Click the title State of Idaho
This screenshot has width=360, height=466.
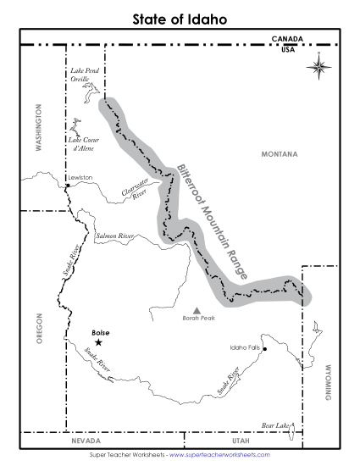click(180, 18)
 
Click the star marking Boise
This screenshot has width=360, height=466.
click(99, 342)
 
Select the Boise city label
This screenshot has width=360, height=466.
click(100, 332)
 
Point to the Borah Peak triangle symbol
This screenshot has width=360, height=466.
click(198, 311)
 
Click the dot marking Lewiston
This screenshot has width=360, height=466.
click(68, 185)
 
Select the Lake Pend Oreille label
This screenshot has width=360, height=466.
click(85, 75)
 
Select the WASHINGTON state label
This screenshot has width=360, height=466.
click(37, 127)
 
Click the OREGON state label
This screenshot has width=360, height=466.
click(37, 328)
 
